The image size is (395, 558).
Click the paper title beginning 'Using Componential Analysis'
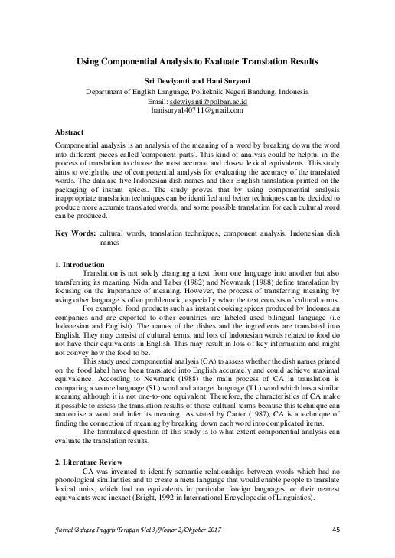tap(197, 60)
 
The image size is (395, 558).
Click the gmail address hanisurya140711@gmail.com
tap(197, 110)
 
